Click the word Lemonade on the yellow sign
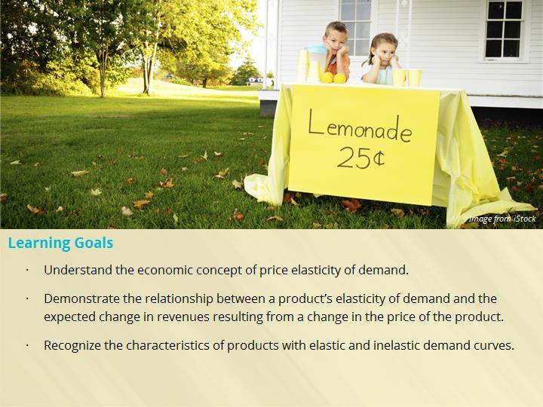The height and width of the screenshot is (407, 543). [x=360, y=126]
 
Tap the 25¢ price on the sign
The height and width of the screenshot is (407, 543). [x=360, y=158]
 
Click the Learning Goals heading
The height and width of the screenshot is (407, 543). [x=60, y=243]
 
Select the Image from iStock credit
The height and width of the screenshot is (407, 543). [x=502, y=219]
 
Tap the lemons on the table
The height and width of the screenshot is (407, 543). [x=333, y=78]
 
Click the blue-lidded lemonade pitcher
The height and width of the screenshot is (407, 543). [x=316, y=63]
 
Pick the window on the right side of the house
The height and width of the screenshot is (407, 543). [x=504, y=29]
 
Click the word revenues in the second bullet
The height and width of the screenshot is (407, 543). [x=183, y=317]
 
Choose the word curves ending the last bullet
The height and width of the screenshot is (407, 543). [x=493, y=345]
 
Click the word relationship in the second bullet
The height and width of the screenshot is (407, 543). [x=179, y=299]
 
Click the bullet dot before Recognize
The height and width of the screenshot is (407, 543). [x=26, y=346]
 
